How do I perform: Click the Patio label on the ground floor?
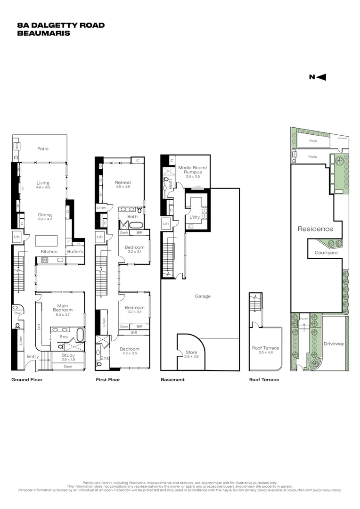pyautogui.click(x=43, y=149)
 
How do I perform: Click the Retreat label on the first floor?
pyautogui.click(x=123, y=182)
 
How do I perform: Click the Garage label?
pyautogui.click(x=203, y=296)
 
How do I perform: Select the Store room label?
pyautogui.click(x=191, y=353)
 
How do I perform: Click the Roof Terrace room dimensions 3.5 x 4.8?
pyautogui.click(x=266, y=353)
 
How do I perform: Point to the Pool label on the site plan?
pyautogui.click(x=313, y=141)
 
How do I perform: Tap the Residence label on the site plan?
pyautogui.click(x=315, y=229)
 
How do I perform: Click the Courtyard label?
pyautogui.click(x=326, y=253)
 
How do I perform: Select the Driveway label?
pyautogui.click(x=334, y=344)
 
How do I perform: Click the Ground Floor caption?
pyautogui.click(x=27, y=379)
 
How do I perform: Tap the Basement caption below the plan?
pyautogui.click(x=172, y=379)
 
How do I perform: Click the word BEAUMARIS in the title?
pyautogui.click(x=43, y=33)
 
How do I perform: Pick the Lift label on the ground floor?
pyautogui.click(x=17, y=237)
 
